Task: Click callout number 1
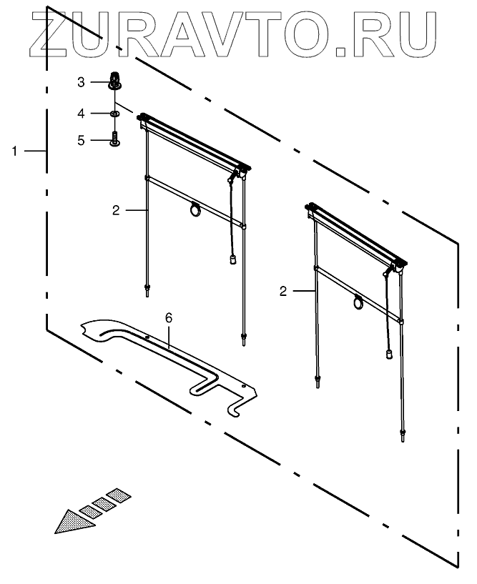pyautogui.click(x=14, y=151)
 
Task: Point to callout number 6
pyautogui.click(x=169, y=317)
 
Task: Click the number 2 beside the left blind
pyautogui.click(x=115, y=210)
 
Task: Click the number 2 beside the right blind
pyautogui.click(x=284, y=291)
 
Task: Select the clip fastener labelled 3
pyautogui.click(x=114, y=81)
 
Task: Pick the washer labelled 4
pyautogui.click(x=114, y=113)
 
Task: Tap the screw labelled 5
pyautogui.click(x=114, y=139)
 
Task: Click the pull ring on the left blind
pyautogui.click(x=195, y=209)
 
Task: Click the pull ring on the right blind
pyautogui.click(x=358, y=304)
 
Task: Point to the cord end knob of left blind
pyautogui.click(x=233, y=260)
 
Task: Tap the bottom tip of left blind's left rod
pyautogui.click(x=147, y=289)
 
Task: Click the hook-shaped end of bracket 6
pyautogui.click(x=239, y=408)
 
